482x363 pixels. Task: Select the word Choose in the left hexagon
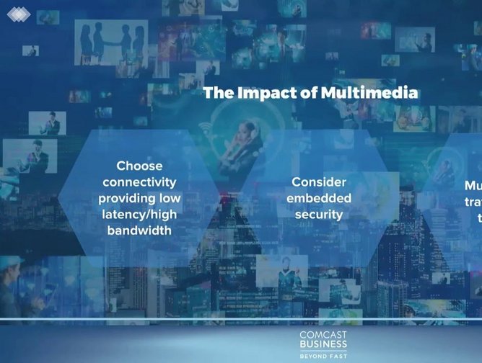pyautogui.click(x=139, y=166)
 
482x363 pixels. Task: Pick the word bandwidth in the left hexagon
pyautogui.click(x=139, y=230)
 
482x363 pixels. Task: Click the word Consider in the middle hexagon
pyautogui.click(x=319, y=182)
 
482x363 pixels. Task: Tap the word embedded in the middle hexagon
pyautogui.click(x=319, y=198)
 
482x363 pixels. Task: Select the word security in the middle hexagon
pyautogui.click(x=319, y=215)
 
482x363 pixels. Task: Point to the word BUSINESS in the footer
pyautogui.click(x=323, y=345)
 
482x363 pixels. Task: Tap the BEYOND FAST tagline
pyautogui.click(x=323, y=355)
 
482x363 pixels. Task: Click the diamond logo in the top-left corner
pyautogui.click(x=19, y=13)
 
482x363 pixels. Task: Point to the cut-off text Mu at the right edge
pyautogui.click(x=473, y=186)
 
